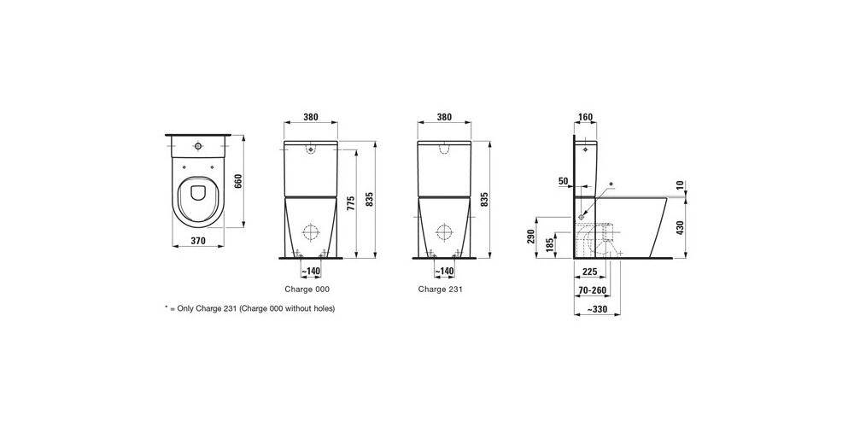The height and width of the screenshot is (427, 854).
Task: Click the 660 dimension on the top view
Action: (x=237, y=180)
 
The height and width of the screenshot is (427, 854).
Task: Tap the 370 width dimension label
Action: (x=198, y=242)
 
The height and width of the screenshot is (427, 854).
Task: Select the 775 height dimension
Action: (x=351, y=204)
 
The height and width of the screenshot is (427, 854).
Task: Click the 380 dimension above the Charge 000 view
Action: (x=311, y=117)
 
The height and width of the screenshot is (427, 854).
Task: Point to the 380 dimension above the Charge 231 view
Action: (x=444, y=117)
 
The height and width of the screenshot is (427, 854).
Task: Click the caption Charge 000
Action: (x=307, y=290)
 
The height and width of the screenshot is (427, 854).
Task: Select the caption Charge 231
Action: (x=441, y=290)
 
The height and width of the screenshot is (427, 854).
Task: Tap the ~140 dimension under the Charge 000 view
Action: (x=311, y=272)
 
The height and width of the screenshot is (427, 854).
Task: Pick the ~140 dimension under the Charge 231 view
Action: (x=444, y=272)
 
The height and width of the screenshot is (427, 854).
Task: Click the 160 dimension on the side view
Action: (x=586, y=117)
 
